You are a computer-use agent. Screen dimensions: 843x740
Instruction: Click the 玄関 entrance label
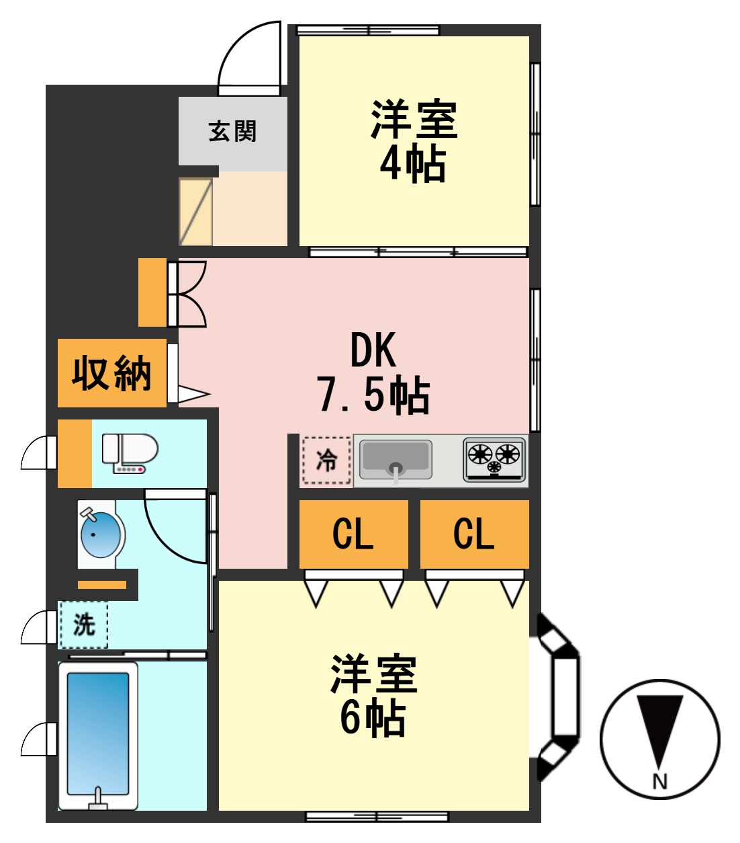coord(232,131)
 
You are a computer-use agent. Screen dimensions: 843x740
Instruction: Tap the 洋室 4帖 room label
coord(414,141)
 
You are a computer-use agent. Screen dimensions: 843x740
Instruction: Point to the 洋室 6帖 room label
coord(373,696)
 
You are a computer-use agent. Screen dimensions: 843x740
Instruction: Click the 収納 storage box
coord(111,373)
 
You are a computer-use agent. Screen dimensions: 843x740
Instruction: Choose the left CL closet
coord(353,534)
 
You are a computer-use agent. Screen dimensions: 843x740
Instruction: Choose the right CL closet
coord(474,534)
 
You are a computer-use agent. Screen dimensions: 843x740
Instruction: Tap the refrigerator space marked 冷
coord(326,460)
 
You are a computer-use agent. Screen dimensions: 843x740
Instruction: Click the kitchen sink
coord(396,460)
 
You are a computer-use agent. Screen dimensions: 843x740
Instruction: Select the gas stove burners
coord(494,460)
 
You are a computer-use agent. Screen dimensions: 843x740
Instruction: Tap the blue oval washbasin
coord(100,534)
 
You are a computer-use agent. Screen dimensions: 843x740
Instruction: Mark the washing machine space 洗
coord(83,625)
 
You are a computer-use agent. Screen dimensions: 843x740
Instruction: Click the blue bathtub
coord(98,734)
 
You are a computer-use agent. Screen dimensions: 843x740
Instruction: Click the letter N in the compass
coord(659,781)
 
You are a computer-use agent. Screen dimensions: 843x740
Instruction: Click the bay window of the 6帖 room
coord(561,696)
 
